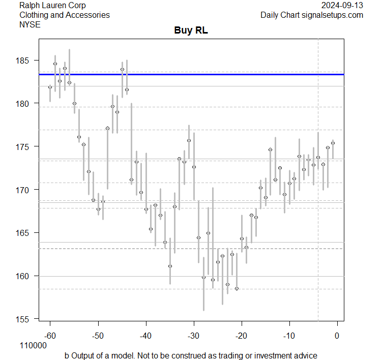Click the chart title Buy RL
coord(191,31)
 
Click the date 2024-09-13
coord(343,6)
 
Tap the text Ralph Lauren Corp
coord(52,6)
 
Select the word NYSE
coord(31,24)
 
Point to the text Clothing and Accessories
coord(65,15)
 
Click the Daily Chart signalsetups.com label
coord(312,15)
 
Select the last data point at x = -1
coord(333,143)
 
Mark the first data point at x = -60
coord(50,87)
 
